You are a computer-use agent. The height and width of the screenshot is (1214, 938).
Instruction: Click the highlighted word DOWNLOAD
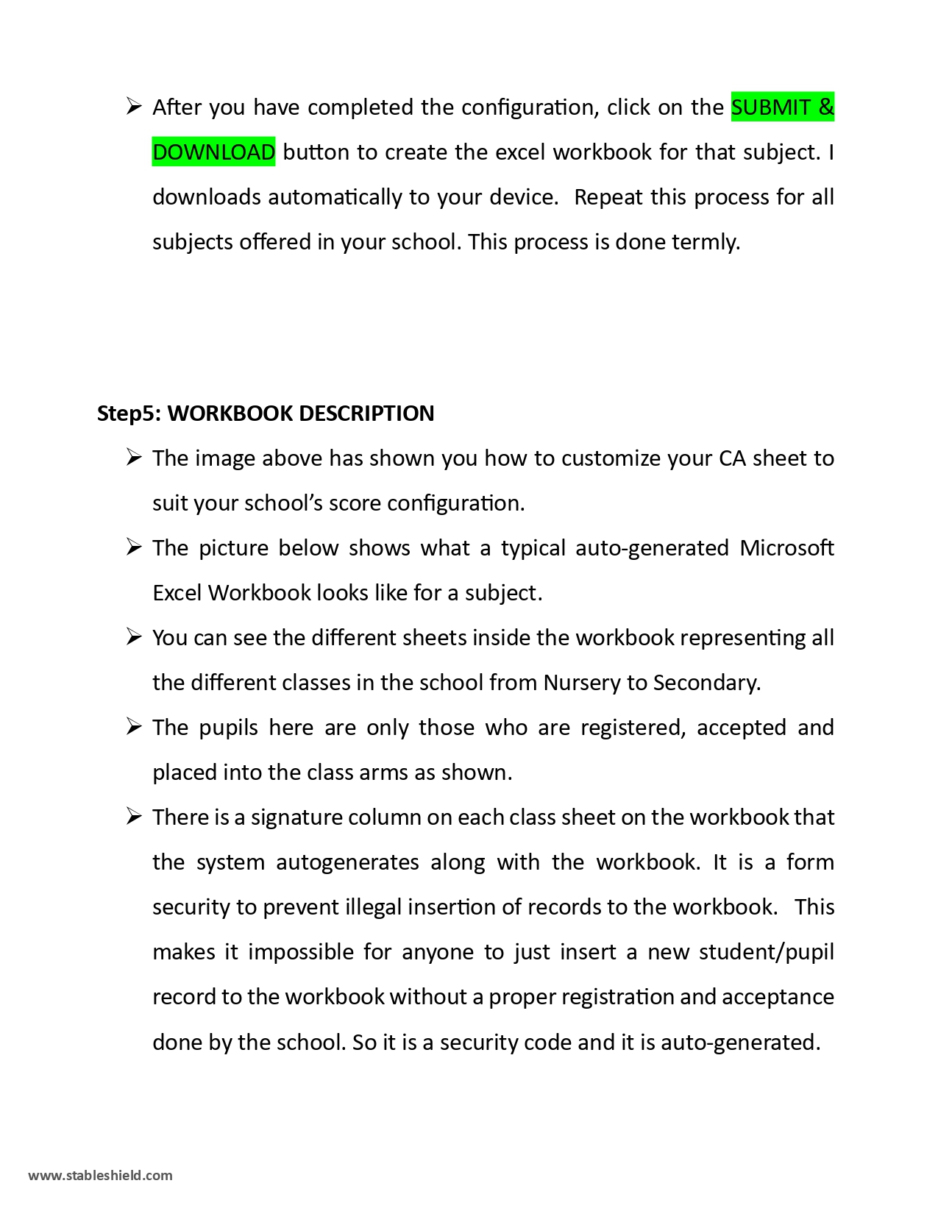pos(213,152)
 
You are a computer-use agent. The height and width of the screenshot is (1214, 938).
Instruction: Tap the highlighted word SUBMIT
pos(771,107)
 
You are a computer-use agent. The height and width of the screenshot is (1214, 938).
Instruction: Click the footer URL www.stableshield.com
pos(100,1175)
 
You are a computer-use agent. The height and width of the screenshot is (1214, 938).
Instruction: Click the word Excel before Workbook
pos(177,593)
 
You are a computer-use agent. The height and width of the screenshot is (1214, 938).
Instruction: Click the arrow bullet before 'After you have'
pos(133,107)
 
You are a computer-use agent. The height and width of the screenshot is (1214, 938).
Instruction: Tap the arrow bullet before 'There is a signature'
pos(133,817)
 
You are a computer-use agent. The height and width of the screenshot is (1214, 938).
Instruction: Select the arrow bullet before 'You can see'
pos(133,638)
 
